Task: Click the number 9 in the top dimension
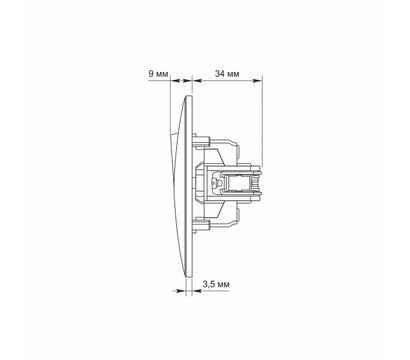151,73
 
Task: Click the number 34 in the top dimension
219,73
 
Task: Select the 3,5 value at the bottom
209,284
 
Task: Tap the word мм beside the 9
162,74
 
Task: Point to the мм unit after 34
233,74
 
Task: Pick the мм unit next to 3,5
223,285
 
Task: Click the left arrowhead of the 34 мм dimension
197,80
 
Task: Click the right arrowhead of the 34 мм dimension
257,80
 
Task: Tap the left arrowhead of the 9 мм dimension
174,80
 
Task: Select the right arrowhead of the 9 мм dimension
189,80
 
